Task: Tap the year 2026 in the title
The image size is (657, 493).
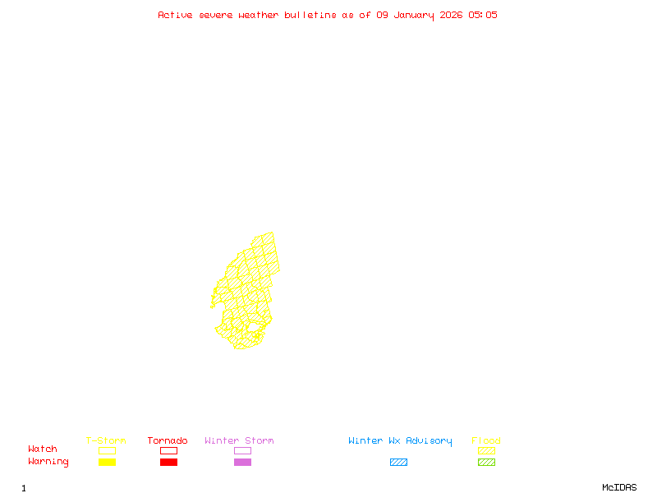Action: [453, 15]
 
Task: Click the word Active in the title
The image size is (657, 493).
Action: [175, 15]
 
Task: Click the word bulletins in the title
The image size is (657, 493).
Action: [310, 15]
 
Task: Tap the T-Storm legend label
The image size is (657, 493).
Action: [106, 441]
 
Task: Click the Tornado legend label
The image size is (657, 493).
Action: [168, 441]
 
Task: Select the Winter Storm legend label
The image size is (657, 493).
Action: [239, 441]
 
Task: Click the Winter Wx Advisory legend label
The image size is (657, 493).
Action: [400, 441]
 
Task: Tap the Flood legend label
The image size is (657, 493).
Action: [486, 441]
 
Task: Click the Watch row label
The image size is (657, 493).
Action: [43, 449]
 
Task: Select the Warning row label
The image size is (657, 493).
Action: [48, 462]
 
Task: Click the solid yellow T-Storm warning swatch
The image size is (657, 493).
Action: [107, 463]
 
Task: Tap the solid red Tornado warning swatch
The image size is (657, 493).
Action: [168, 463]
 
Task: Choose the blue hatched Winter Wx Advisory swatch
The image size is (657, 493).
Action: [398, 463]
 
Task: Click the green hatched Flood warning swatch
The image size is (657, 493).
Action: [486, 463]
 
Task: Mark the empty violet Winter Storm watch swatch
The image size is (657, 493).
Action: [242, 451]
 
